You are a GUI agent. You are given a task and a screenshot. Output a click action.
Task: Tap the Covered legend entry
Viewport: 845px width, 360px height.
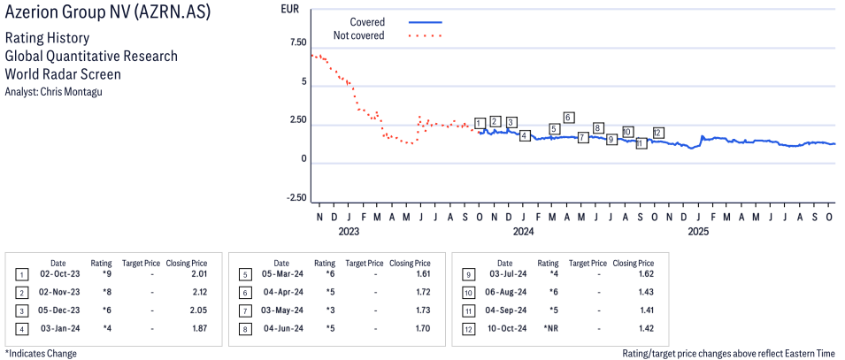click(367, 21)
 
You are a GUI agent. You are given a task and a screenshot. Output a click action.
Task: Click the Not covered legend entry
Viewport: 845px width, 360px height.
click(358, 35)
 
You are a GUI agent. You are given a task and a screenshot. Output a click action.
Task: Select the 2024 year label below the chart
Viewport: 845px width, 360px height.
click(523, 233)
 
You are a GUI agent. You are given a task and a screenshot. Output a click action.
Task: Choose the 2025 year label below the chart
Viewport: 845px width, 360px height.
click(698, 233)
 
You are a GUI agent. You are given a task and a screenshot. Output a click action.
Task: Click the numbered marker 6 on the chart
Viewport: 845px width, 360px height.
click(569, 118)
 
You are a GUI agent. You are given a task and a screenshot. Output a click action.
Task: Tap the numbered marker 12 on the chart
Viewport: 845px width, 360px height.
click(658, 133)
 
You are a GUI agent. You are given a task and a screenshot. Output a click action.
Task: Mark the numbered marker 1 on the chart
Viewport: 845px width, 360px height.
click(480, 123)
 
